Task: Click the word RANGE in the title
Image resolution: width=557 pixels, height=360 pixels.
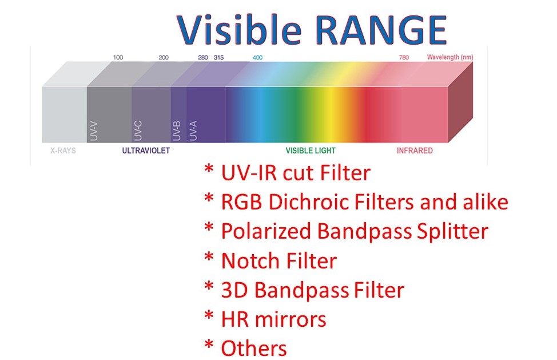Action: (381, 30)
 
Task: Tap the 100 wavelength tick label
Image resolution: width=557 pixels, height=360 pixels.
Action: (118, 57)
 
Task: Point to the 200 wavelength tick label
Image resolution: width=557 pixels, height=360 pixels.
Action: (164, 57)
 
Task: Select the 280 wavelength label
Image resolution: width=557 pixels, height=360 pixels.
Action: (203, 57)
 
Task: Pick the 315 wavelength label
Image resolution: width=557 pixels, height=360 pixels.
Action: (218, 57)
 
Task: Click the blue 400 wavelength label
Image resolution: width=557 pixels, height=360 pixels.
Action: (257, 57)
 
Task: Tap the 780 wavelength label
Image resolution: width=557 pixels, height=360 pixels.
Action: (404, 57)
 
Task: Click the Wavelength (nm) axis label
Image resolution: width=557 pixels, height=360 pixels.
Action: (450, 57)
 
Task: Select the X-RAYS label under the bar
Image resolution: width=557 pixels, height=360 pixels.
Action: (63, 151)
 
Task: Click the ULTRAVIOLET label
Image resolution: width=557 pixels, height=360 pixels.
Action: (146, 151)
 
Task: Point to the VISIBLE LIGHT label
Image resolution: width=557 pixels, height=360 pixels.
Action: (311, 151)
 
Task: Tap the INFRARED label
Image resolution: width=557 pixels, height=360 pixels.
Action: (415, 151)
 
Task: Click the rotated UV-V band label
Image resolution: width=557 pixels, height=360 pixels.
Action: (94, 131)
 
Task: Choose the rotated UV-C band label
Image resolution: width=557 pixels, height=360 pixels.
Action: (138, 131)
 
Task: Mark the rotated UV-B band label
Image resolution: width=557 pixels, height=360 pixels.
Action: (177, 131)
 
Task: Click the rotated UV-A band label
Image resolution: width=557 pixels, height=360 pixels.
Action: (193, 131)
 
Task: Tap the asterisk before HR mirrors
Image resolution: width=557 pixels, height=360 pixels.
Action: (209, 315)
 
